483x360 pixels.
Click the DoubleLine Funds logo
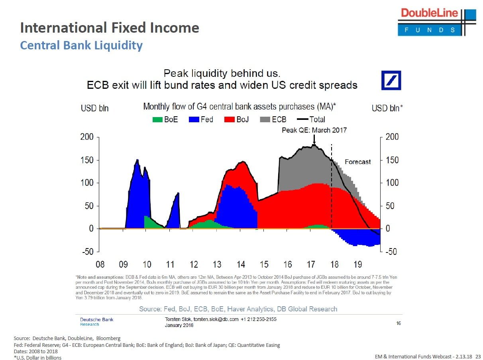click(436, 22)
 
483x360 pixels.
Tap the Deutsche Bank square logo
click(391, 80)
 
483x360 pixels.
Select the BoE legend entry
click(165, 119)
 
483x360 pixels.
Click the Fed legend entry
click(201, 119)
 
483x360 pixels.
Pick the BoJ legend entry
click(236, 119)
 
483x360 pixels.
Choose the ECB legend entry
click(273, 119)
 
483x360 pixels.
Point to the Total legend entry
click(311, 119)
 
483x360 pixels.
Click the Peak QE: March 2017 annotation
click(314, 130)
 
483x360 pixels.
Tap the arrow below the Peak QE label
click(314, 139)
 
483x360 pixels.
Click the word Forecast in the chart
click(357, 162)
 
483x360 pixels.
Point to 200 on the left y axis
click(87, 137)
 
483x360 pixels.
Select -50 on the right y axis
click(391, 252)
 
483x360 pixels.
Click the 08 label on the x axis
click(100, 264)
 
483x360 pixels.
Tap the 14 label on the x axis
click(241, 264)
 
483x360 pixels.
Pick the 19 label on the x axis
click(357, 264)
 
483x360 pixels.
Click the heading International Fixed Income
click(110, 28)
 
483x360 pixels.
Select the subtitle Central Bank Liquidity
click(81, 45)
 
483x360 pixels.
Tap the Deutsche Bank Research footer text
click(96, 322)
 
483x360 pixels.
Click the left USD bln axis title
click(94, 108)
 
